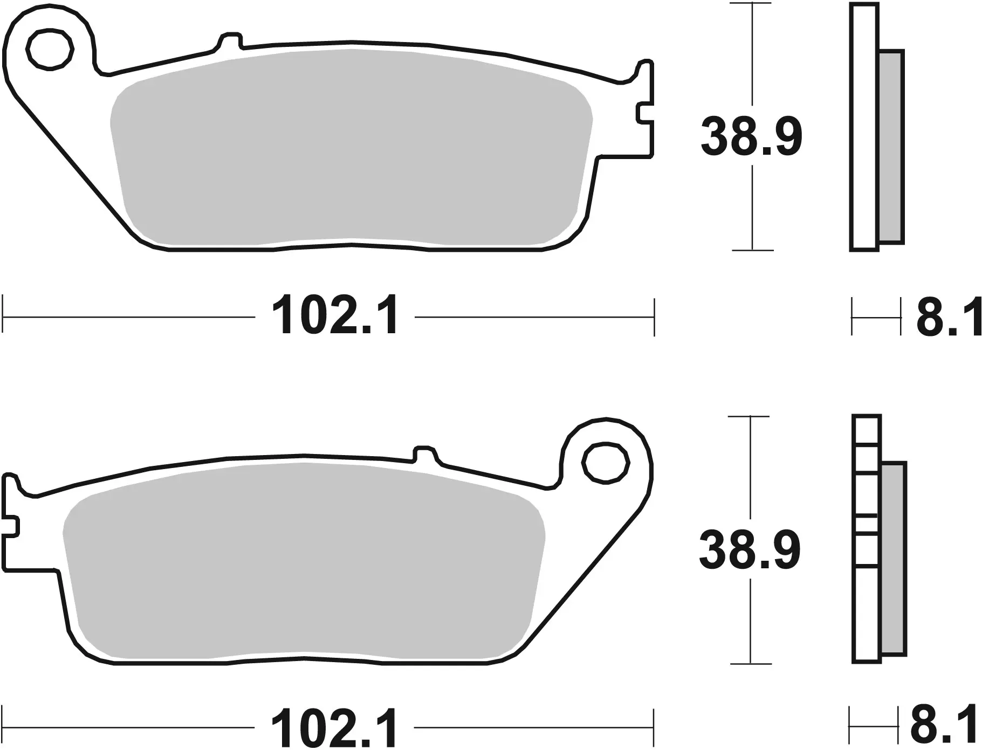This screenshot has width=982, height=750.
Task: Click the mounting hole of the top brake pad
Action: pos(50,50)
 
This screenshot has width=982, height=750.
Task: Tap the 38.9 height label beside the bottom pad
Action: pos(749,550)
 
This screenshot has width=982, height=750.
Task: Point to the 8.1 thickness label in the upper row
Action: pos(949,318)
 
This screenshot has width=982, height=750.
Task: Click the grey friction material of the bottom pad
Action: pos(302,561)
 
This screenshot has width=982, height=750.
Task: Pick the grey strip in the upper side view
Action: pos(890,147)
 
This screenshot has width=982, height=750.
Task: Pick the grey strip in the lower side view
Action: pos(894,559)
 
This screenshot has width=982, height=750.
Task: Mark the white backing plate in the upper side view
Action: pos(864,127)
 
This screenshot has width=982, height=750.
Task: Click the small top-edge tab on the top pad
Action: pos(230,41)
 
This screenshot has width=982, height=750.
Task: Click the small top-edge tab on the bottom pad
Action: pos(424,453)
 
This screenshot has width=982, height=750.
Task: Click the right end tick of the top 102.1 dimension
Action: pos(654,317)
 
